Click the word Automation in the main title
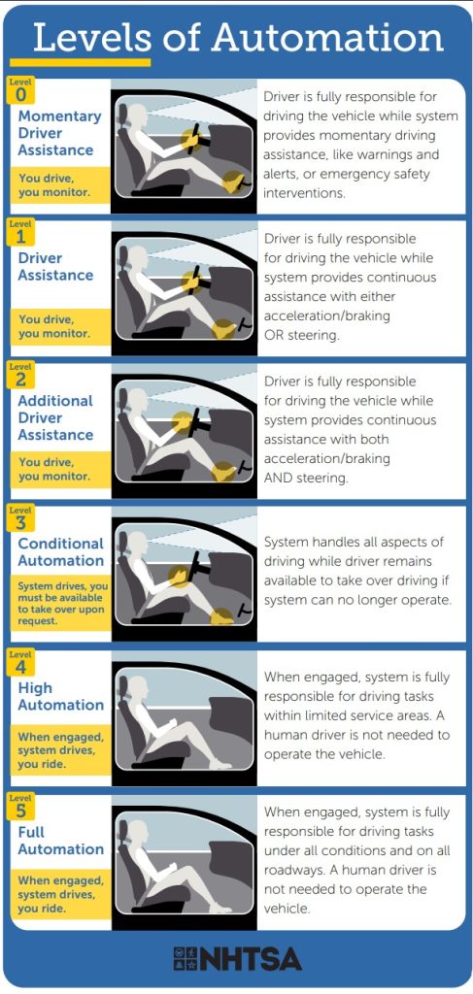[x=328, y=37]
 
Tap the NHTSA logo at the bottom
[x=237, y=959]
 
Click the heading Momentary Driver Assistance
[x=59, y=133]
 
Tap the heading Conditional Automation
[x=61, y=552]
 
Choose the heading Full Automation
[x=61, y=840]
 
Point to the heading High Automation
[x=61, y=696]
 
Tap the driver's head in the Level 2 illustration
[x=138, y=401]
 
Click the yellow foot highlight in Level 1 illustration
[x=223, y=329]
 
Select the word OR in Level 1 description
[x=275, y=335]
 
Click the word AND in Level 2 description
[x=279, y=478]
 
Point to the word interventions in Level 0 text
[x=304, y=193]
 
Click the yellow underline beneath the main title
[x=80, y=62]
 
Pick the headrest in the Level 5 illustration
[x=123, y=831]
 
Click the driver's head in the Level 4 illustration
[x=138, y=688]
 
